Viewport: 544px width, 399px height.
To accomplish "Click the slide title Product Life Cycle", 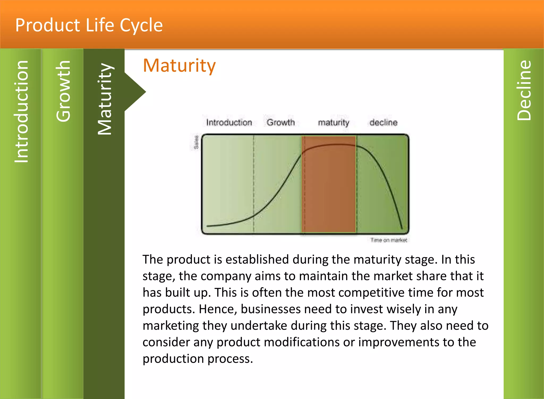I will pos(89,25).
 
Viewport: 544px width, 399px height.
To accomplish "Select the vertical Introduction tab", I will pos(21,112).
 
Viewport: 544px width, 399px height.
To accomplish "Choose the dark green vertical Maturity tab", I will pos(104,99).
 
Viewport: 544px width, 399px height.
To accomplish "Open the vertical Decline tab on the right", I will pos(524,90).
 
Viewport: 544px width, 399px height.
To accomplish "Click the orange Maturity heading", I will pos(179,66).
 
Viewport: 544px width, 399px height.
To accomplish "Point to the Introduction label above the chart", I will pos(229,122).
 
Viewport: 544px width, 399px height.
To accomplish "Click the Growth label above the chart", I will pos(280,122).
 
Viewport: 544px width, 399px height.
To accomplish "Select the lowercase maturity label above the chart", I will pos(334,123).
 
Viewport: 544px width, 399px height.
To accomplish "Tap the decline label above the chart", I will pos(383,122).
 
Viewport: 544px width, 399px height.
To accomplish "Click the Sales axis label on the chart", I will pos(196,142).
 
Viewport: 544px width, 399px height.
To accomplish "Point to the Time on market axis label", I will pos(389,240).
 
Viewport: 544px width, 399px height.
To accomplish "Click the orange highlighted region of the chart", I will pos(329,186).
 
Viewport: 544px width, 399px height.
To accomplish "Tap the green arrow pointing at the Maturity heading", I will pos(135,92).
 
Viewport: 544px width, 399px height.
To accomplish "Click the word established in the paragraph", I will pos(257,260).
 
